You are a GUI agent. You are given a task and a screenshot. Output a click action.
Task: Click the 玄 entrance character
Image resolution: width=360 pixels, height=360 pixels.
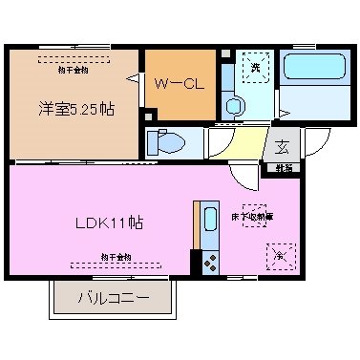pos(283,146)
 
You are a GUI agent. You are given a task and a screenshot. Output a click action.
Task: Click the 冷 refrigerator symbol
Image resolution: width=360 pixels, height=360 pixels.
pos(281,255)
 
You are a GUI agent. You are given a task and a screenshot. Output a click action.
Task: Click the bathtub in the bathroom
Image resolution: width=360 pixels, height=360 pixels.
pos(315,69)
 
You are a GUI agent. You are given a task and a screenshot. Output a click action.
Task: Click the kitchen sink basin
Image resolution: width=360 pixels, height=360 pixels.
pos(209,221)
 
